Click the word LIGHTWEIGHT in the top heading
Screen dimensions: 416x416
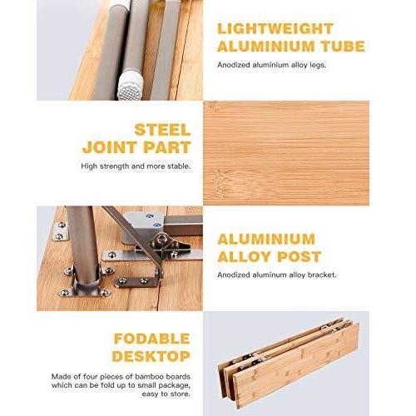[x=275, y=29]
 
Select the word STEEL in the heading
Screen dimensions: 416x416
[x=162, y=130]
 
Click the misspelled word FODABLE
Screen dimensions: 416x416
[x=152, y=339]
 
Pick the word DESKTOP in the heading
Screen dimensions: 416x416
[x=151, y=356]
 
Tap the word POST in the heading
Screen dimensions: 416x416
[x=300, y=256]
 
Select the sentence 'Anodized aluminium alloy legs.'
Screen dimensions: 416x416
[x=272, y=65]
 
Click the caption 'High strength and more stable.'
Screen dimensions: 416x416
[x=136, y=166]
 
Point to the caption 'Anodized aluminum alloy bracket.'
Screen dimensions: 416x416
[x=277, y=275]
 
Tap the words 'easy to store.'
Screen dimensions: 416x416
[x=166, y=394]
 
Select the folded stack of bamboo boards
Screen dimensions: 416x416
[x=289, y=363]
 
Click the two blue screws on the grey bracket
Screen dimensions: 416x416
[x=153, y=220]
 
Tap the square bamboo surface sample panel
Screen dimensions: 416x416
[x=286, y=153]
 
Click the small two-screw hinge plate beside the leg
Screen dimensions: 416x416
[x=60, y=230]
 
